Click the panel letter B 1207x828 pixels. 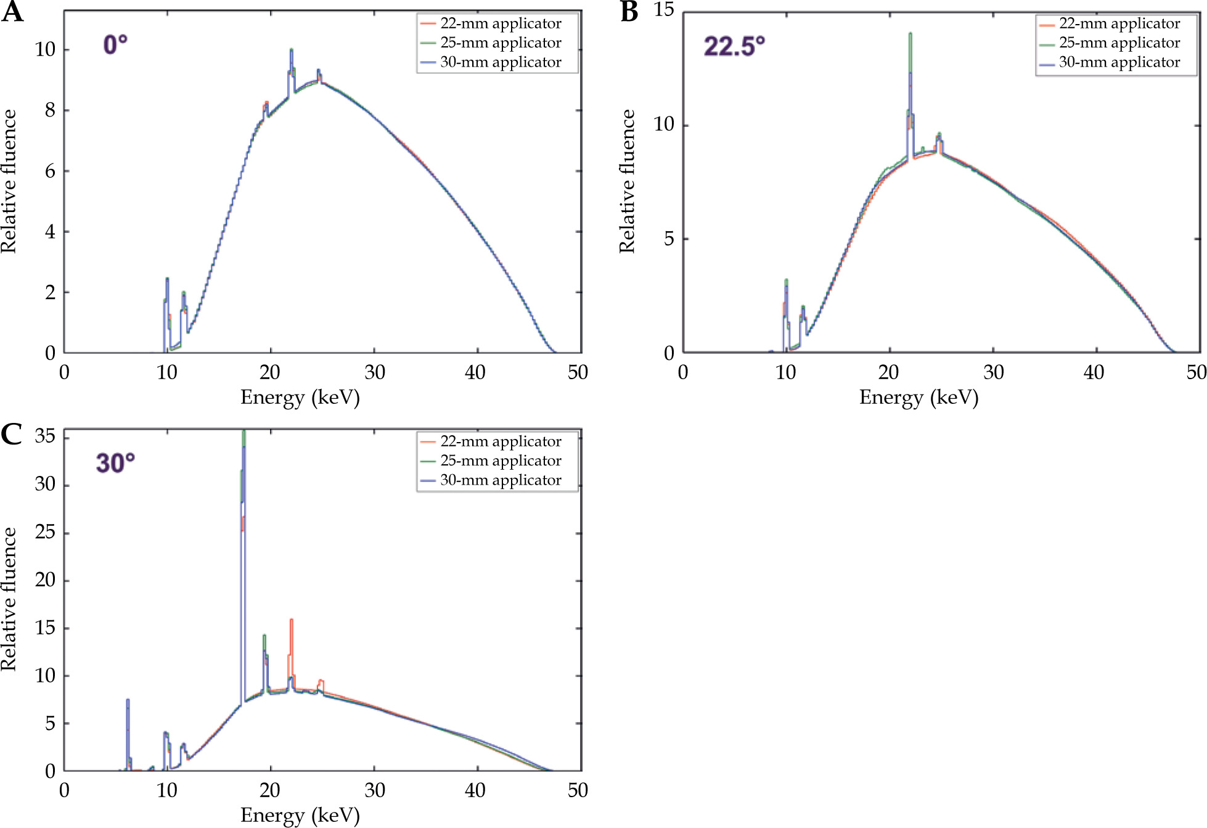629,12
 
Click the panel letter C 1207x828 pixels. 12,434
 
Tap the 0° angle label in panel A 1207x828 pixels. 115,45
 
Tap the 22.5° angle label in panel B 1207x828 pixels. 734,46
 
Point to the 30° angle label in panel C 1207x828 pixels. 115,463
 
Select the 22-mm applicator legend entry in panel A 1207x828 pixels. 500,23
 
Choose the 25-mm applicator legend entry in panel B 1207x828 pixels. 1119,43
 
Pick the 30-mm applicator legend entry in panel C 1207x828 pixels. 500,480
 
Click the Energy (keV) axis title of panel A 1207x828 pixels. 300,397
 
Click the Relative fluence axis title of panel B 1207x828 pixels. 627,181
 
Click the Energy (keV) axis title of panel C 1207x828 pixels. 300,815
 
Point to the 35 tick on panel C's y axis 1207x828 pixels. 45,437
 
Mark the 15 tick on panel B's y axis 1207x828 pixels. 664,10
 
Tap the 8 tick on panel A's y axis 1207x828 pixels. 50,110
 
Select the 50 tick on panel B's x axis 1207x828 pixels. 1197,372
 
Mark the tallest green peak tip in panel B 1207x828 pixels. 910,35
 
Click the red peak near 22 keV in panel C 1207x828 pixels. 291,620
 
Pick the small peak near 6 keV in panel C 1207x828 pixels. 128,700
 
